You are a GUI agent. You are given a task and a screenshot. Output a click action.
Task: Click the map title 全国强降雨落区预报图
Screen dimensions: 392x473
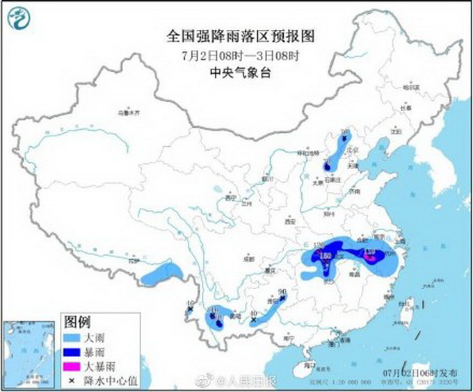236,33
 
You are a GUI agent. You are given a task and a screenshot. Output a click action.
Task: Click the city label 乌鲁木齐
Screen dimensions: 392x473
129,112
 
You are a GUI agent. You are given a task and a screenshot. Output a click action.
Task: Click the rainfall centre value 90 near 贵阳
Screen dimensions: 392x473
282,293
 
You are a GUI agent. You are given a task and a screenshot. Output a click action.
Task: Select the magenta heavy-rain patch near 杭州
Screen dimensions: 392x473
371,258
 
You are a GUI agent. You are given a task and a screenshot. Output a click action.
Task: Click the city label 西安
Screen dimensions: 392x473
290,222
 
